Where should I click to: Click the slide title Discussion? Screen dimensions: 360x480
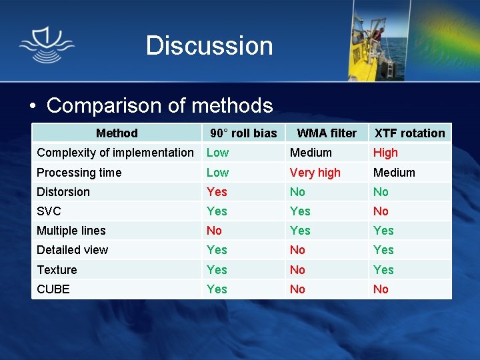click(209, 45)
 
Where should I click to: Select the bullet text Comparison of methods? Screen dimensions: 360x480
click(159, 105)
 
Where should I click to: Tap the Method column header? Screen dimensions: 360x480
click(117, 133)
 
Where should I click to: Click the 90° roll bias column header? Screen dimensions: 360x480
click(243, 133)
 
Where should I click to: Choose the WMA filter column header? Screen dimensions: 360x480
click(327, 133)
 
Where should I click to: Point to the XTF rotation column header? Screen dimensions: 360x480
click(409, 133)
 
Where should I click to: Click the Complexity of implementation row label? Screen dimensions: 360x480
click(115, 153)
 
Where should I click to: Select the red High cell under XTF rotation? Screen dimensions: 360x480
click(385, 153)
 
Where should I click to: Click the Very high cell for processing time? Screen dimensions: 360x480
click(315, 173)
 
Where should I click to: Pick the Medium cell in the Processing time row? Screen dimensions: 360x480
click(394, 173)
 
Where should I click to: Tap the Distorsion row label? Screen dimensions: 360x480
click(63, 192)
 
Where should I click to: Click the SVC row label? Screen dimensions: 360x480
click(49, 211)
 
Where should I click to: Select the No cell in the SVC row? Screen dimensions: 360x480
click(381, 211)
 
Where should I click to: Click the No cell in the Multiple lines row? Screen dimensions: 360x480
click(214, 231)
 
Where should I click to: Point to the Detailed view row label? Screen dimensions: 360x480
click(73, 250)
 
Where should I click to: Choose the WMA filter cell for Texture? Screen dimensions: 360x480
click(297, 270)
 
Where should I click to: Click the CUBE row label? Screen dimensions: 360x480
click(53, 289)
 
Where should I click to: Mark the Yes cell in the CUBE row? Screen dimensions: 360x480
click(217, 289)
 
